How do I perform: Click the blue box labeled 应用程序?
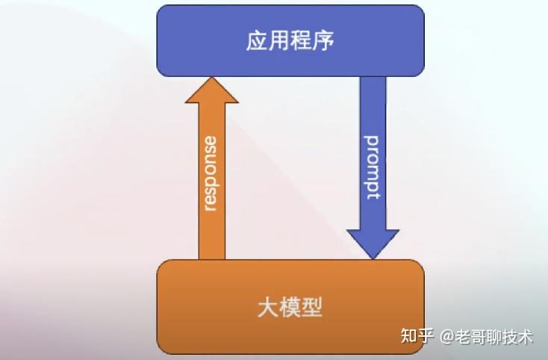pos(290,40)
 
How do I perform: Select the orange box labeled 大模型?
pos(290,306)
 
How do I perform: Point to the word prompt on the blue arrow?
pos(372,167)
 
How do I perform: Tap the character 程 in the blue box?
pos(302,40)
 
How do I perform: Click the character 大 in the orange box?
pos(268,307)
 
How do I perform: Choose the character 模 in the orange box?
pos(290,307)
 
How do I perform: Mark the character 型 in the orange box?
pos(313,307)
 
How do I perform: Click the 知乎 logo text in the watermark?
pos(417,335)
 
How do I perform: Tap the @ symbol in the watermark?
pos(446,336)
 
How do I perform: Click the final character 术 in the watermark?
pos(526,336)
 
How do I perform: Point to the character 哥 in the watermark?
pos(478,336)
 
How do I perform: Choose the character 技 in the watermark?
pos(510,336)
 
